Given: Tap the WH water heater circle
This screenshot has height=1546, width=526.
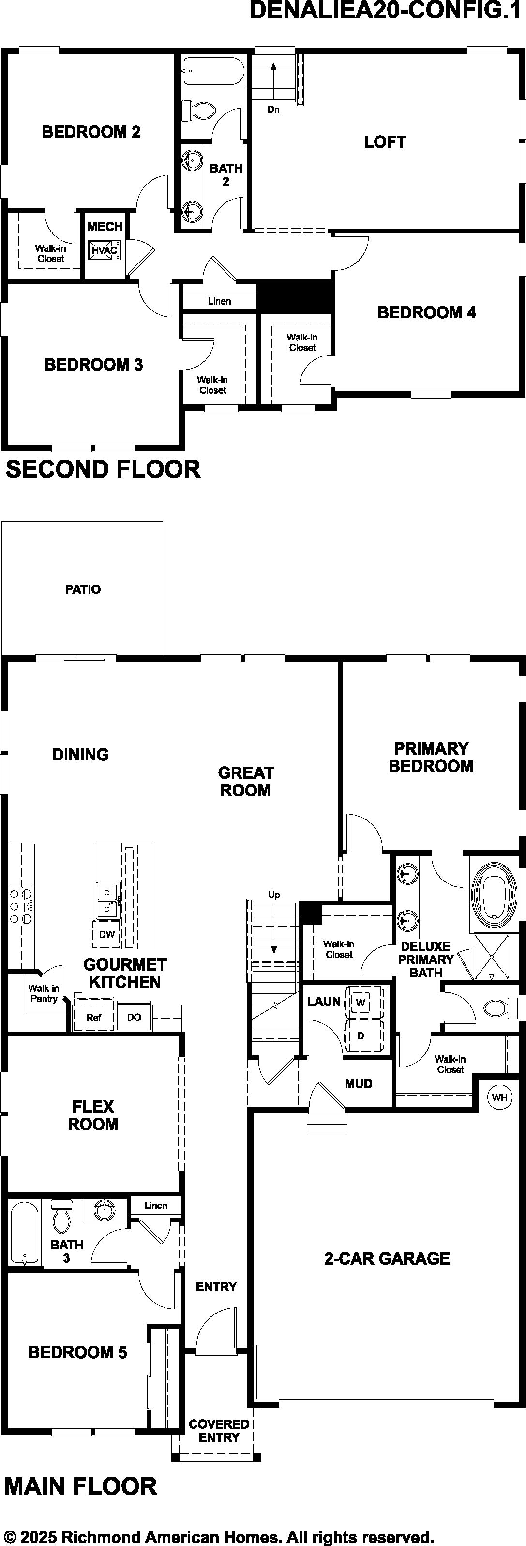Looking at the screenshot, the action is tap(499, 1098).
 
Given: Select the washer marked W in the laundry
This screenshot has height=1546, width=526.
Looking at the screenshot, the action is tap(361, 1002).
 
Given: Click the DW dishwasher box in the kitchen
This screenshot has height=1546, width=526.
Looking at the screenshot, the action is tap(107, 934).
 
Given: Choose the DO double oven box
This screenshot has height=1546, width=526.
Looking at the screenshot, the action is tap(135, 1017).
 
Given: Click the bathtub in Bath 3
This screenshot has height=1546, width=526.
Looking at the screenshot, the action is tap(25, 1233).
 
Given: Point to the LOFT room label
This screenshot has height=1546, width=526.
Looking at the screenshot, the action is tap(385, 142).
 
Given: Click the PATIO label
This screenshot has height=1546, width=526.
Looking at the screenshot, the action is tap(83, 589).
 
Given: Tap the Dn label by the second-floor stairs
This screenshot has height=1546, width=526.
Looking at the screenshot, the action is tap(273, 109).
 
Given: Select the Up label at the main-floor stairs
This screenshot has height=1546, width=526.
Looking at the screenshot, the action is tap(274, 894).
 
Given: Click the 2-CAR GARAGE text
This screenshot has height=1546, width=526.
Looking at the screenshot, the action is tap(387, 1258).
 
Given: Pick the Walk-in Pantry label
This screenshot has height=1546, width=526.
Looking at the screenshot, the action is tap(44, 993).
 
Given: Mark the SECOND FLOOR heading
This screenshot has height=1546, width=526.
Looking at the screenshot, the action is tap(103, 469).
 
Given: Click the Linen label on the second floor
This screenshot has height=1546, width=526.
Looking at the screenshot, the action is tap(220, 301).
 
